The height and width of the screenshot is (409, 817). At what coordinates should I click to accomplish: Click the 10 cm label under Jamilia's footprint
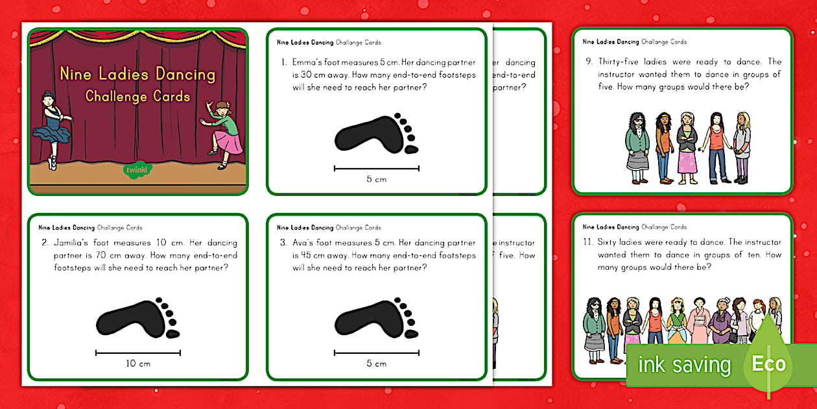click(x=138, y=364)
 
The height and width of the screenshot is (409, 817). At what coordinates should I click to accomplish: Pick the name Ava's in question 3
click(x=305, y=243)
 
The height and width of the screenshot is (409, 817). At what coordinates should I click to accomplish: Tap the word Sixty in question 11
click(x=609, y=243)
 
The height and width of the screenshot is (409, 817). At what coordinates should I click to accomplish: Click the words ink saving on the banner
click(x=685, y=365)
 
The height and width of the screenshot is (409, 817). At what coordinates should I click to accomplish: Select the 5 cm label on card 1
click(x=376, y=179)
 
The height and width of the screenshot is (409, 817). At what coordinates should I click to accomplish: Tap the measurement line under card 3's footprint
click(x=376, y=353)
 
